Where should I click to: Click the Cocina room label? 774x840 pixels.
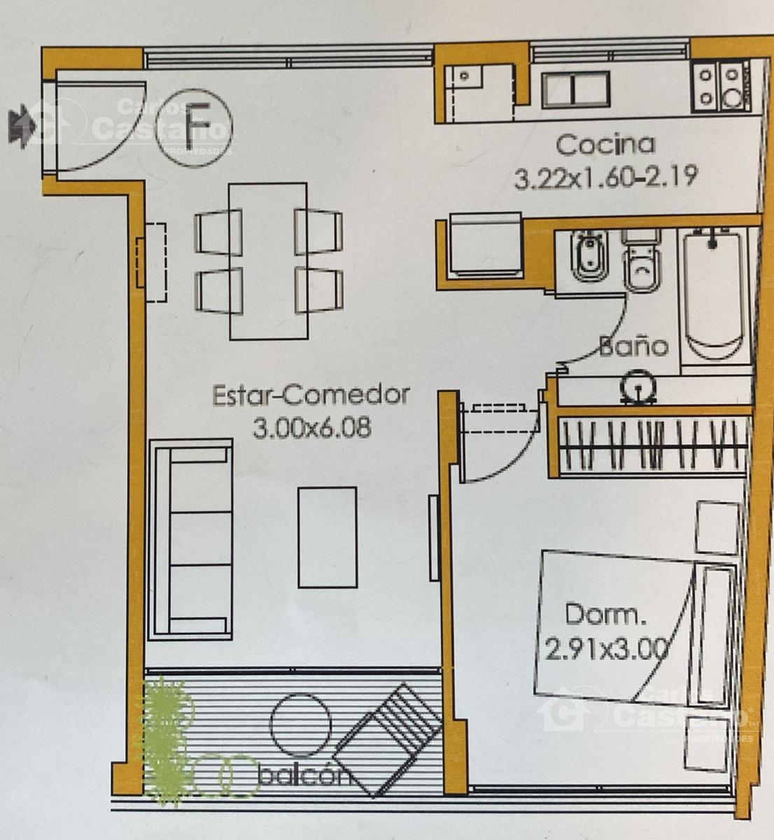click(x=605, y=145)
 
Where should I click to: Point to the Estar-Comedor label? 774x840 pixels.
click(x=311, y=395)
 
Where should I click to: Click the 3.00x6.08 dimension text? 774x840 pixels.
click(x=311, y=428)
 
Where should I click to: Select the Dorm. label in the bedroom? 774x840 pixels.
click(x=606, y=615)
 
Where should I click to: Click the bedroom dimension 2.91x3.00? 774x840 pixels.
click(x=605, y=650)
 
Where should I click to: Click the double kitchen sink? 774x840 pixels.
click(x=576, y=90)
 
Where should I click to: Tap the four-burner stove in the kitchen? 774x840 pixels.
click(x=720, y=87)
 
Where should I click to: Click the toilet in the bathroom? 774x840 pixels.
click(x=641, y=261)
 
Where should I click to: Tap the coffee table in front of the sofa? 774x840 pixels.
click(x=328, y=538)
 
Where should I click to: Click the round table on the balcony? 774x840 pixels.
click(x=300, y=724)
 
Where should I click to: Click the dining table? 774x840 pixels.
click(x=269, y=261)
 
